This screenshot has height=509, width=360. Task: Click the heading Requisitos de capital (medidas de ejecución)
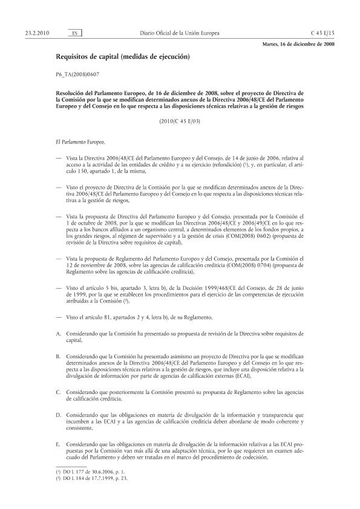[x=122, y=57]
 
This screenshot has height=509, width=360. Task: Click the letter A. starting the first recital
[x=57, y=333]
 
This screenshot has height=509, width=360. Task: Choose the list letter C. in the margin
[x=57, y=393]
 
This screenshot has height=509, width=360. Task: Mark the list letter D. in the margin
[x=57, y=416]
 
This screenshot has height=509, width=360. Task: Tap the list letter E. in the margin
[x=57, y=445]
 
